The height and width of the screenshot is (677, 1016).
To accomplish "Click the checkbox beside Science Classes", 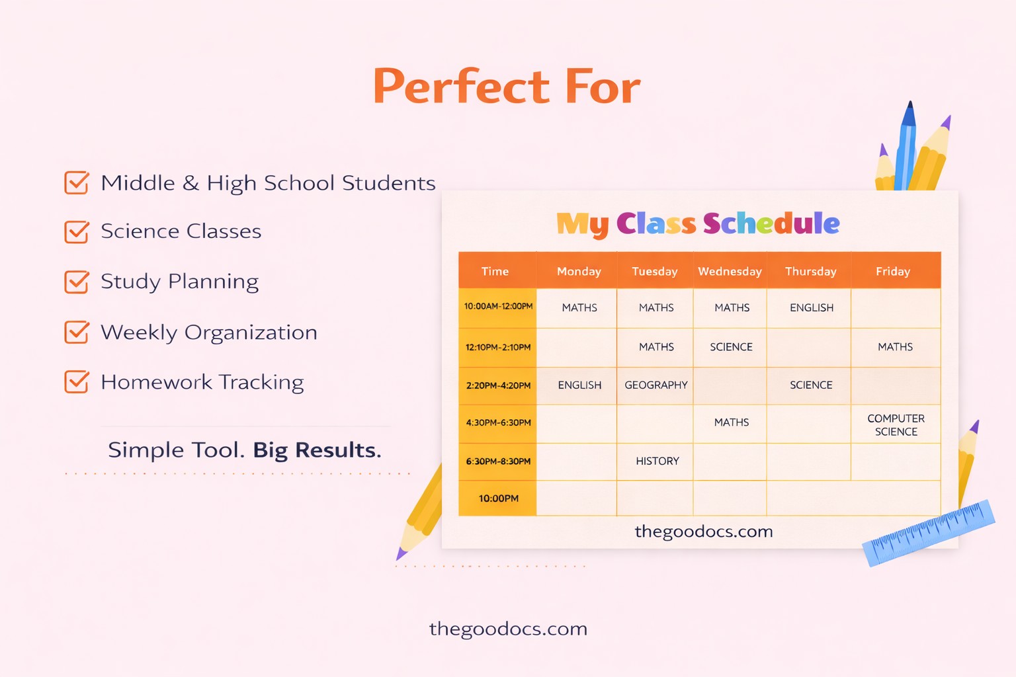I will (x=77, y=232).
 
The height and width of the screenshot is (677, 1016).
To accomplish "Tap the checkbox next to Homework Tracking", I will (x=77, y=382).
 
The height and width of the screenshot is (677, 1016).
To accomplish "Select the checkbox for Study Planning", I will (x=77, y=282).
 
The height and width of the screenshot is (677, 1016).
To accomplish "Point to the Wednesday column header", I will (x=730, y=271).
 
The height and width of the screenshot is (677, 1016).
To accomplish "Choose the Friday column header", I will (x=893, y=271).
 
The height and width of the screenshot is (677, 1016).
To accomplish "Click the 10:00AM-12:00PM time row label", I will (x=498, y=307).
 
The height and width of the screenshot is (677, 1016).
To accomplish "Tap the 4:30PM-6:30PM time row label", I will (x=498, y=422).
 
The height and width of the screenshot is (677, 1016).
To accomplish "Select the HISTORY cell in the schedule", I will (x=657, y=461).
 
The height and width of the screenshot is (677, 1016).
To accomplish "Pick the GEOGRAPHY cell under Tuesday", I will (x=656, y=385).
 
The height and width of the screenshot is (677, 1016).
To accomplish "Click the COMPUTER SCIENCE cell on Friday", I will (x=896, y=425).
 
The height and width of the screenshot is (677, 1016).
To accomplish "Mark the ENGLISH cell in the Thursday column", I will (x=812, y=307).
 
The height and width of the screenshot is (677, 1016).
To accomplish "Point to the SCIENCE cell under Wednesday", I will (x=731, y=346).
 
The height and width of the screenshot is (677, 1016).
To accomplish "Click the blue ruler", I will (x=928, y=532).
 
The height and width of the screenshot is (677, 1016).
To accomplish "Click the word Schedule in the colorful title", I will (x=771, y=223).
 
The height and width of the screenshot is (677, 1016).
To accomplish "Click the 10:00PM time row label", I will (x=498, y=498).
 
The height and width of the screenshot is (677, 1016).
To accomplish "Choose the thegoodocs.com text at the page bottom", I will (x=508, y=628).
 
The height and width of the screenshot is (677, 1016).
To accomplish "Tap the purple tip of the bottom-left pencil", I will (x=401, y=553).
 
